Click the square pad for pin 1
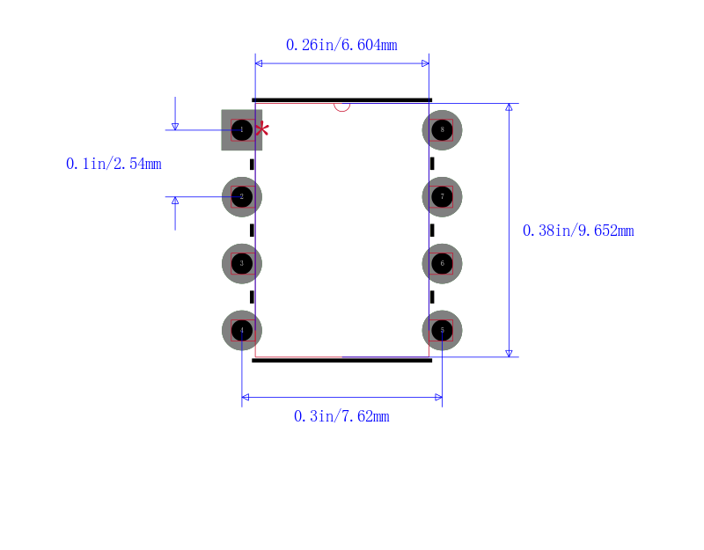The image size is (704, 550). click(241, 130)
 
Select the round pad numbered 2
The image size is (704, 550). click(242, 196)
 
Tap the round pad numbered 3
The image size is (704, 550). click(242, 263)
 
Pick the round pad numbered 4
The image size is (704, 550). click(242, 331)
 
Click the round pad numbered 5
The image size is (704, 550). click(443, 331)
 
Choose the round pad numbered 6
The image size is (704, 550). click(443, 263)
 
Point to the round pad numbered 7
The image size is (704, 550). click(443, 196)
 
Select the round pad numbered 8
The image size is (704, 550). click(443, 130)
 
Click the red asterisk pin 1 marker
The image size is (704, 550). click(262, 129)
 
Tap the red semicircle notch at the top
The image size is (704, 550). click(341, 107)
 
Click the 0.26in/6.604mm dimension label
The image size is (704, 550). click(341, 45)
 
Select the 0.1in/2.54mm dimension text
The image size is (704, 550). click(114, 164)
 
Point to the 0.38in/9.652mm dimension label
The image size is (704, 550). click(578, 231)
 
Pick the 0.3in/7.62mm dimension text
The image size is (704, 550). click(341, 416)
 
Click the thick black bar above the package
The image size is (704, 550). click(341, 100)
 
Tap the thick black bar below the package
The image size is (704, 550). click(341, 360)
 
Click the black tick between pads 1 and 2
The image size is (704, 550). click(252, 165)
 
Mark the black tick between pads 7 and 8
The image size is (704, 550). click(432, 164)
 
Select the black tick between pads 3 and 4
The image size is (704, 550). click(252, 297)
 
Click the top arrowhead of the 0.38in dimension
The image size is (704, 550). click(509, 106)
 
